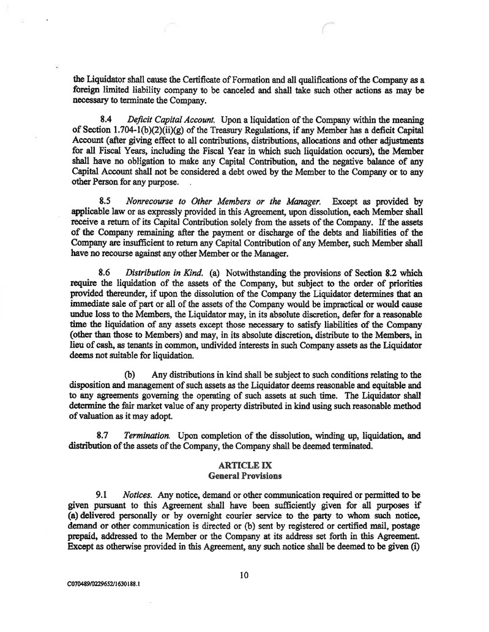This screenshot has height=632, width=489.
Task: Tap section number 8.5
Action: (x=105, y=200)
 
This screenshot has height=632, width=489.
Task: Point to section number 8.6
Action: (x=105, y=272)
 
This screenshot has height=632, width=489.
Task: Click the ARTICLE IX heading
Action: (x=244, y=465)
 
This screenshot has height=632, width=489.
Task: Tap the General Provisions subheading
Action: (x=244, y=475)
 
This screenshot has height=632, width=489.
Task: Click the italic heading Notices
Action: (x=133, y=493)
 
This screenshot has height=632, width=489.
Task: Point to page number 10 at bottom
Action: (x=244, y=574)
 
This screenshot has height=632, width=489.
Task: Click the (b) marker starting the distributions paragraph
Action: (x=130, y=374)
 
